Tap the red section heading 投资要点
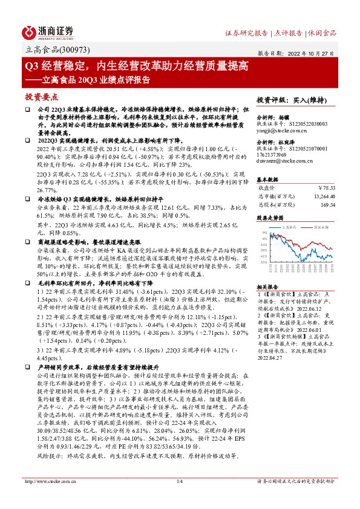pyautogui.click(x=41, y=97)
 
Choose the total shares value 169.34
pyautogui.click(x=327, y=204)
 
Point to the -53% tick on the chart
pyautogui.click(x=263, y=262)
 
